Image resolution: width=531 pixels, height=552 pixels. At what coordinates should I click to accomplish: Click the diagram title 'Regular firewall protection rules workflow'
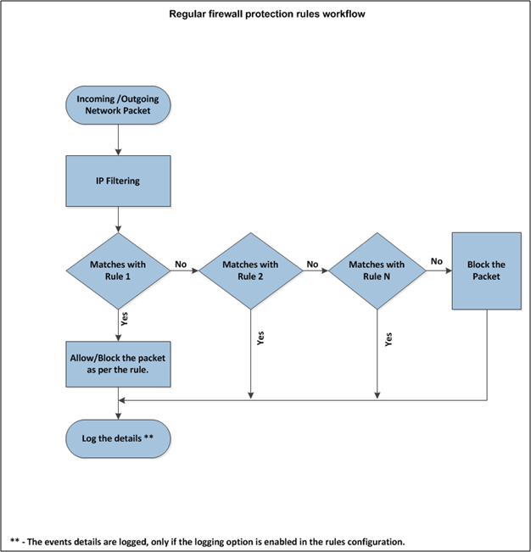point(267,14)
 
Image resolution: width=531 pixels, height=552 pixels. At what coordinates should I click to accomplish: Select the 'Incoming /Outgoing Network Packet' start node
point(118,105)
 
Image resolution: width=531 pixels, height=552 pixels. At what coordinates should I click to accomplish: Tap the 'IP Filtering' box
point(118,181)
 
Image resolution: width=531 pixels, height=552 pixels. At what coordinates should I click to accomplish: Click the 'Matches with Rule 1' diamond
point(118,270)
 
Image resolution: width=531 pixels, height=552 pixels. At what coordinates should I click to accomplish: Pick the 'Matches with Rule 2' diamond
point(251,270)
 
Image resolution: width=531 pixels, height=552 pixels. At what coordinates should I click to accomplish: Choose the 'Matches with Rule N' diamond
point(377,270)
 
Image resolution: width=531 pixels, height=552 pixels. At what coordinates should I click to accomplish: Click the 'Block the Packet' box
point(487,270)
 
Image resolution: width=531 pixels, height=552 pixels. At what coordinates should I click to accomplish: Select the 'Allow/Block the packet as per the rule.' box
point(118,364)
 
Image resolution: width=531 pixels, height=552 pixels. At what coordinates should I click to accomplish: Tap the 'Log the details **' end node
point(118,438)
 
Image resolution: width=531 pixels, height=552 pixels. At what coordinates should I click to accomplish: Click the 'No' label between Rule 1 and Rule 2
point(181,264)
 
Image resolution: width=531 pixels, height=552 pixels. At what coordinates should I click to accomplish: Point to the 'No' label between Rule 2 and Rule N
point(312,264)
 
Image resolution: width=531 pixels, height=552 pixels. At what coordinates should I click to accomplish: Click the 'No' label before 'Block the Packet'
point(437,261)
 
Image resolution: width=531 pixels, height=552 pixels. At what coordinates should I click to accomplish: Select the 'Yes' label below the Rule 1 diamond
point(125,319)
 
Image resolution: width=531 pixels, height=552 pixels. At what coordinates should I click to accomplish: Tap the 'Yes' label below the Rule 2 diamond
point(260,338)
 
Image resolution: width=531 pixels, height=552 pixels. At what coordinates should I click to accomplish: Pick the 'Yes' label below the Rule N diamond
point(388,339)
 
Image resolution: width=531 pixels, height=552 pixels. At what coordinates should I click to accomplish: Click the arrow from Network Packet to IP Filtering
point(118,140)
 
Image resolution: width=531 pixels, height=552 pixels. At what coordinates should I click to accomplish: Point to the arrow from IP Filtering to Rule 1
point(118,220)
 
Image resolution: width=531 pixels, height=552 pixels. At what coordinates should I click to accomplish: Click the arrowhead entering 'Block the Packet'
point(449,270)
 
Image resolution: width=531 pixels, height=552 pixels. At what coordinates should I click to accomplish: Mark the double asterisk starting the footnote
point(14,540)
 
